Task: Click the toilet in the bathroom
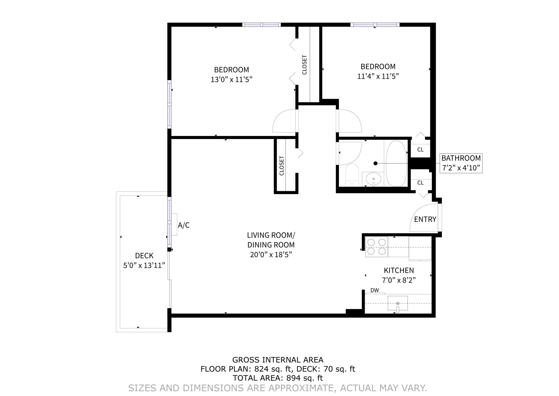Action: click(x=352, y=175)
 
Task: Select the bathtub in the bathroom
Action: click(x=396, y=164)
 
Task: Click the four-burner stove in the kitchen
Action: click(x=376, y=246)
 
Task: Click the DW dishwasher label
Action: click(x=374, y=290)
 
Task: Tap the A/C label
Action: click(x=184, y=225)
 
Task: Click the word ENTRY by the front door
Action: click(x=425, y=219)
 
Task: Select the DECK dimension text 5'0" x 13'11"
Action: click(x=144, y=265)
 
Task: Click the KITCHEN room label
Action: click(x=399, y=270)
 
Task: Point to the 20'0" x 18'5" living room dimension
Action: click(x=271, y=255)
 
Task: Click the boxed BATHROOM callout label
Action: click(x=461, y=163)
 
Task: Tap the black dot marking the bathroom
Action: click(x=375, y=163)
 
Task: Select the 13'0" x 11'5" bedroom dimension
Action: click(x=231, y=80)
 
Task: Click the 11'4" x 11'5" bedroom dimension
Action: click(x=378, y=76)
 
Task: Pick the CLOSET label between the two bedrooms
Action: click(x=305, y=65)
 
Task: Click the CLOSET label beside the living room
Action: click(x=282, y=166)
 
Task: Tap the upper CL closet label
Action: click(x=420, y=150)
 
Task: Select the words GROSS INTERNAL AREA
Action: click(x=278, y=360)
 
